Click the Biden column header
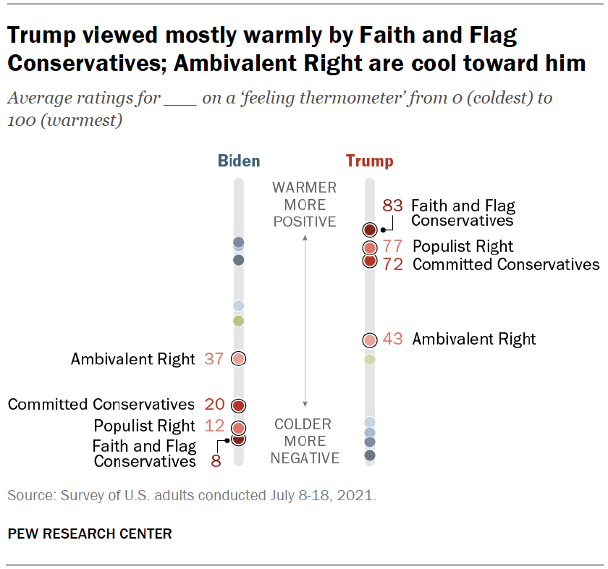239,161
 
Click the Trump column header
369,161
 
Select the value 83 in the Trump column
392,206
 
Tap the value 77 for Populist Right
393,247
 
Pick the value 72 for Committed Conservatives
393,264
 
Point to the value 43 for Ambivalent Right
393,339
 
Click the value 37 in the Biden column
214,358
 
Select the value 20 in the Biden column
214,405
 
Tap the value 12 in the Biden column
214,426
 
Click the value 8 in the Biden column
216,460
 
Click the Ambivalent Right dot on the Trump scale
369,340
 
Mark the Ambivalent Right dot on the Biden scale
239,358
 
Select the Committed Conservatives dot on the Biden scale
239,405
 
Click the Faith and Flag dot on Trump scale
369,230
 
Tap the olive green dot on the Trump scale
369,359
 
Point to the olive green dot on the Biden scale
239,321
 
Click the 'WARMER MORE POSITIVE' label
305,205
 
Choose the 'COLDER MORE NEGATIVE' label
305,441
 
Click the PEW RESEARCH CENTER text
90,534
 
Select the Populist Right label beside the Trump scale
463,247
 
